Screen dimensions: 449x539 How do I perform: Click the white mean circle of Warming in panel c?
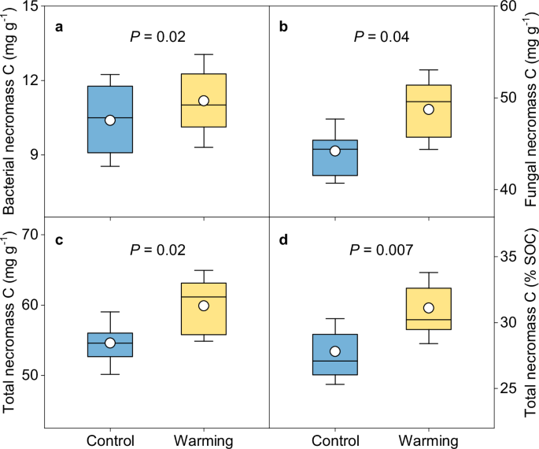click(204, 306)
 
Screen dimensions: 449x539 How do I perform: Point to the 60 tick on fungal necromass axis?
click(505, 7)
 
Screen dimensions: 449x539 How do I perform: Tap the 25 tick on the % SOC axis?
click(505, 388)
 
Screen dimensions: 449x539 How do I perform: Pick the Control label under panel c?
click(110, 440)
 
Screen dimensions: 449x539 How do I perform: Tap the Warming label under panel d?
click(428, 440)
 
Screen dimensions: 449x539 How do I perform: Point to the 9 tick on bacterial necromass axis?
click(35, 154)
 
